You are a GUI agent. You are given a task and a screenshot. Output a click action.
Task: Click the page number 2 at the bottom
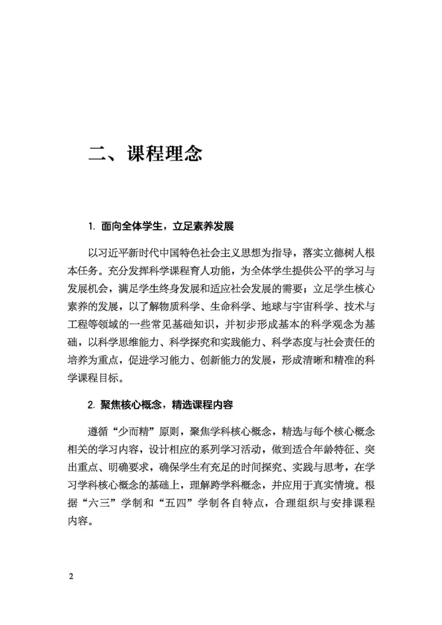point(71,577)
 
